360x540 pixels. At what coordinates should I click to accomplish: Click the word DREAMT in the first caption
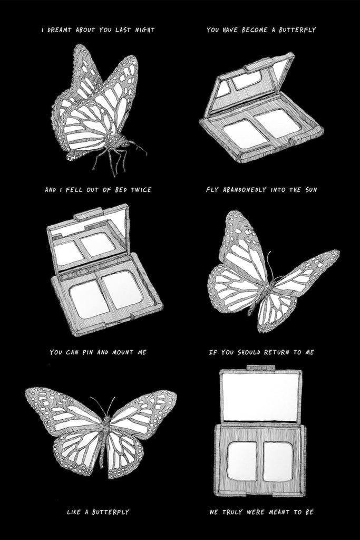tap(59, 30)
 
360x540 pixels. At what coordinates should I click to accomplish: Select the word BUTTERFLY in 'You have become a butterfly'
tap(297, 30)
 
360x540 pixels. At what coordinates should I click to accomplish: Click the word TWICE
tap(141, 189)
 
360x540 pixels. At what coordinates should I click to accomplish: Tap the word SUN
tap(301, 189)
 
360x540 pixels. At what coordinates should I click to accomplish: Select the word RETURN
tap(277, 352)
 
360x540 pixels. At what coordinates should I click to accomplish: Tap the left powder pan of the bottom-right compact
tap(242, 461)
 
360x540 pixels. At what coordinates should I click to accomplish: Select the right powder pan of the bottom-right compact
tap(278, 461)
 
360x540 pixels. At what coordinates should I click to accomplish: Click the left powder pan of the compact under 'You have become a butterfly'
tap(245, 133)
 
